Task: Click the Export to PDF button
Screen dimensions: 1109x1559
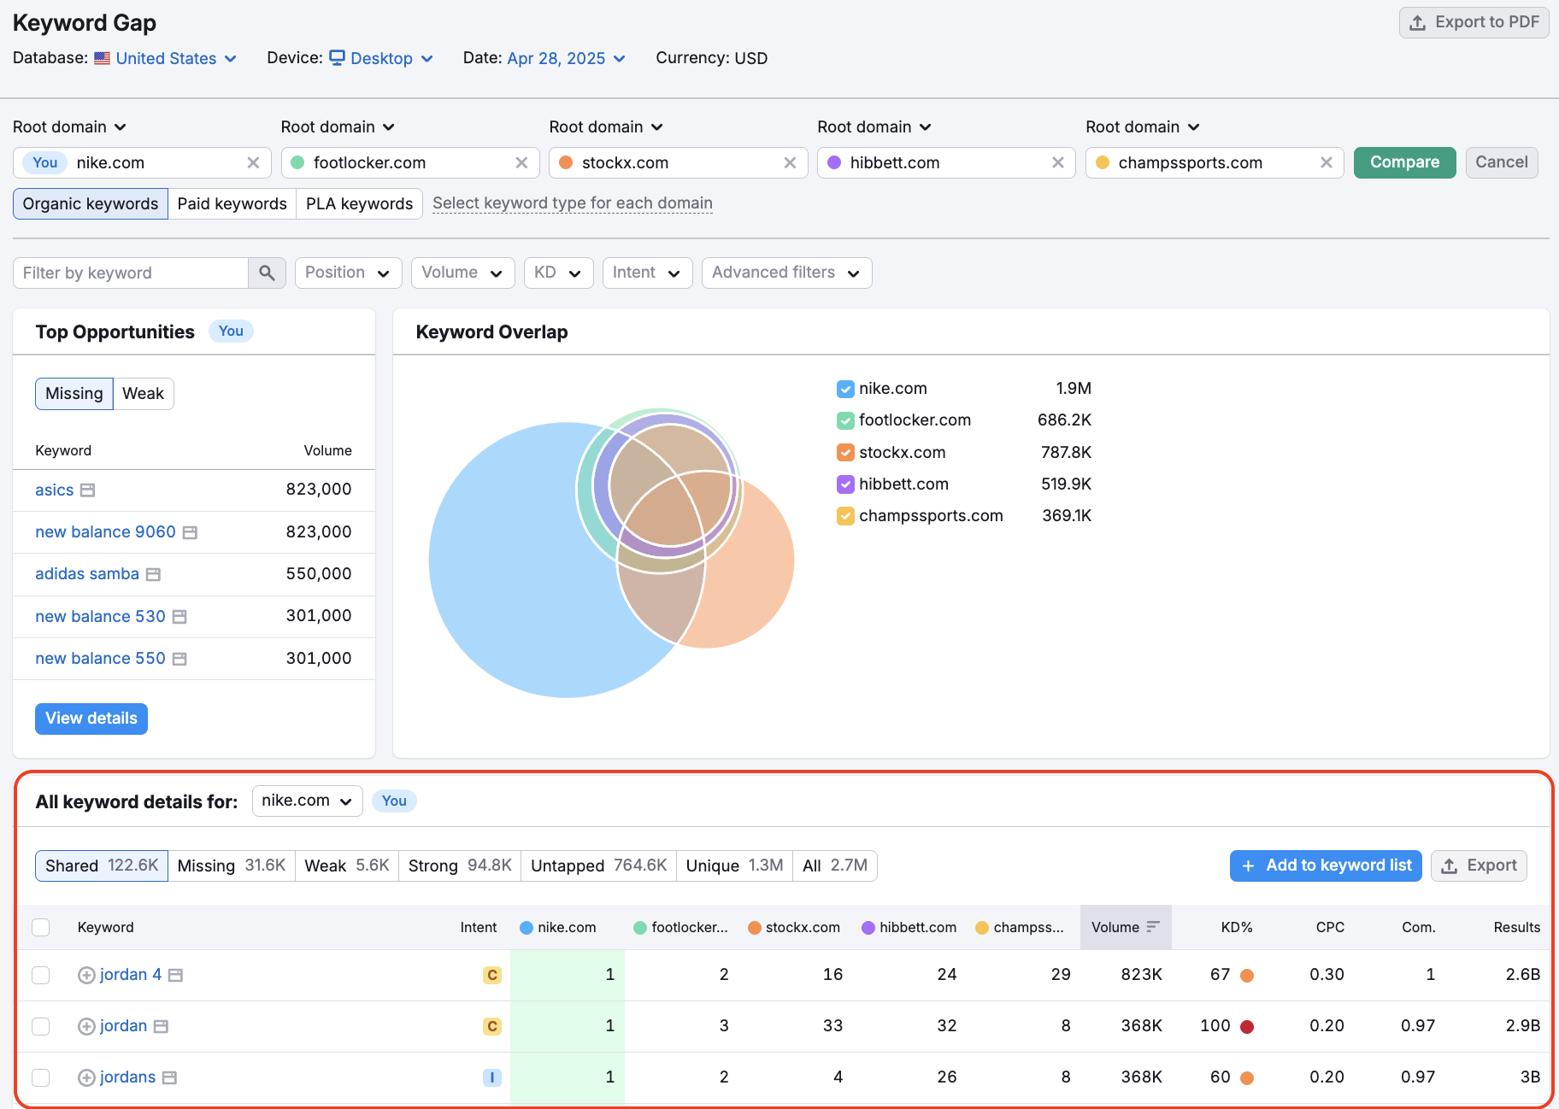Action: (x=1474, y=23)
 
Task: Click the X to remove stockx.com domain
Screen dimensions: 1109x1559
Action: (x=790, y=162)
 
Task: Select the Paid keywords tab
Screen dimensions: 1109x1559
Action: (x=232, y=203)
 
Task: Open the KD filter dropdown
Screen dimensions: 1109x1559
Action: (x=557, y=273)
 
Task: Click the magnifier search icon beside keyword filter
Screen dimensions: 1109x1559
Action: (x=267, y=273)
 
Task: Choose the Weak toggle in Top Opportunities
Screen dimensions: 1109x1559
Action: (x=143, y=394)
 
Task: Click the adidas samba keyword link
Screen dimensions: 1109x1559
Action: (x=87, y=574)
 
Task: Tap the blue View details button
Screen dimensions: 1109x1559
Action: (x=91, y=719)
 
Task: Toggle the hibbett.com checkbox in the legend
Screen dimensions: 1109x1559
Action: (x=845, y=484)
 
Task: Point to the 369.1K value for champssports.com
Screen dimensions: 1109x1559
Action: (x=1066, y=516)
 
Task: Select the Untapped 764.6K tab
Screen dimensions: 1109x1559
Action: (x=598, y=865)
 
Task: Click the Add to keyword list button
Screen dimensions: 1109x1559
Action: (x=1326, y=865)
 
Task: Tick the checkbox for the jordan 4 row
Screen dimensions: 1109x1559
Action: (x=41, y=975)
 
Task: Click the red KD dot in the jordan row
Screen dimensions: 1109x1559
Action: (x=1247, y=1026)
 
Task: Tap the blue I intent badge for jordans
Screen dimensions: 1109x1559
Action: (x=491, y=1077)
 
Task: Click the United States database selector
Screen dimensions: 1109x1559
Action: (x=167, y=58)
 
